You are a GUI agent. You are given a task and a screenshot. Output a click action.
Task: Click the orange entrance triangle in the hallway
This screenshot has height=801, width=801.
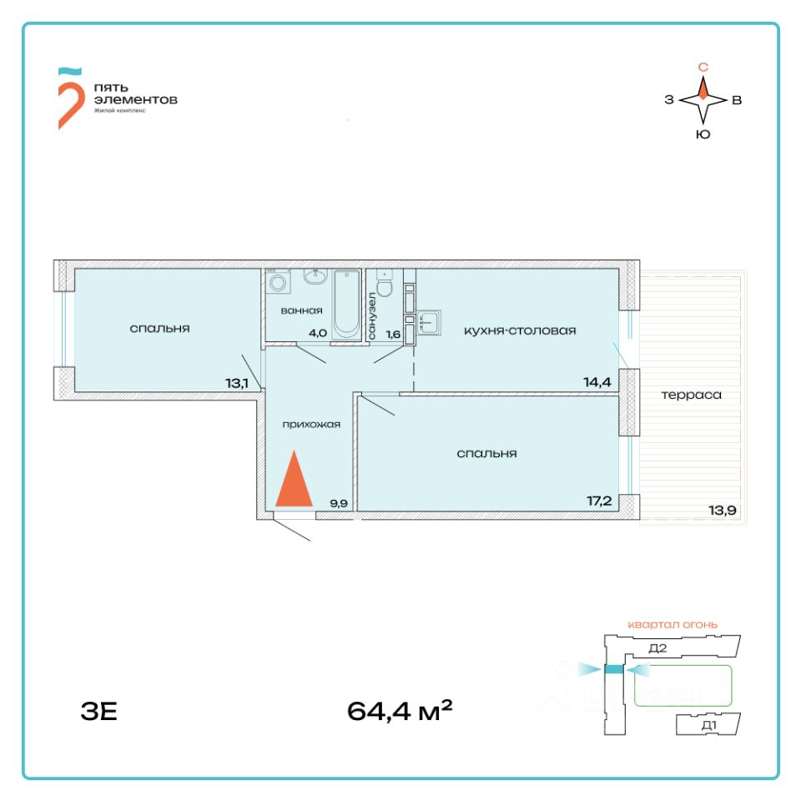click(294, 481)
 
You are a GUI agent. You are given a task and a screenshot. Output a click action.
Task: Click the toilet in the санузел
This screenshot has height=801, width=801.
click(385, 285)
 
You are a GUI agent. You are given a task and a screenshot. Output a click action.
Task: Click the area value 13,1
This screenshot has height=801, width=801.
click(238, 384)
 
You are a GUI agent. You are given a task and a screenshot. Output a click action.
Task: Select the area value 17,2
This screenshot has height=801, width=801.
click(598, 502)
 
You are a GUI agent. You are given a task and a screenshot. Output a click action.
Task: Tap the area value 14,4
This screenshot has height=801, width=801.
click(598, 383)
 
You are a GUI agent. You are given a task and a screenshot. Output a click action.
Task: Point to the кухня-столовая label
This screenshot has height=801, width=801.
click(520, 330)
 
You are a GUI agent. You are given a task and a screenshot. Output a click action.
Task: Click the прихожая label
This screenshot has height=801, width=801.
click(312, 424)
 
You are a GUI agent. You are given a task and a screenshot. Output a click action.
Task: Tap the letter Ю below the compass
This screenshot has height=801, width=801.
click(703, 134)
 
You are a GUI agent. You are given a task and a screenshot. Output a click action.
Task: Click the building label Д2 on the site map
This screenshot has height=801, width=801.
click(657, 647)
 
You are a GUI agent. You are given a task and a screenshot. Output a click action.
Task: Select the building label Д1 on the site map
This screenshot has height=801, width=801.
click(709, 726)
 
